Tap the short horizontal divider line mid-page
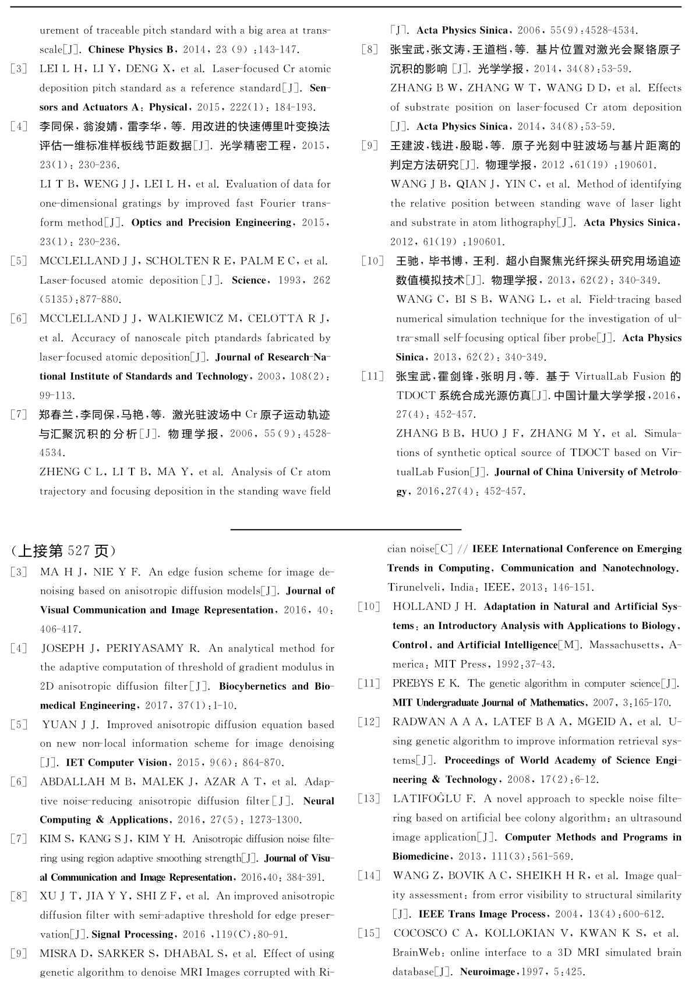346,530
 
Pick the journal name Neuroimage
487,972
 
